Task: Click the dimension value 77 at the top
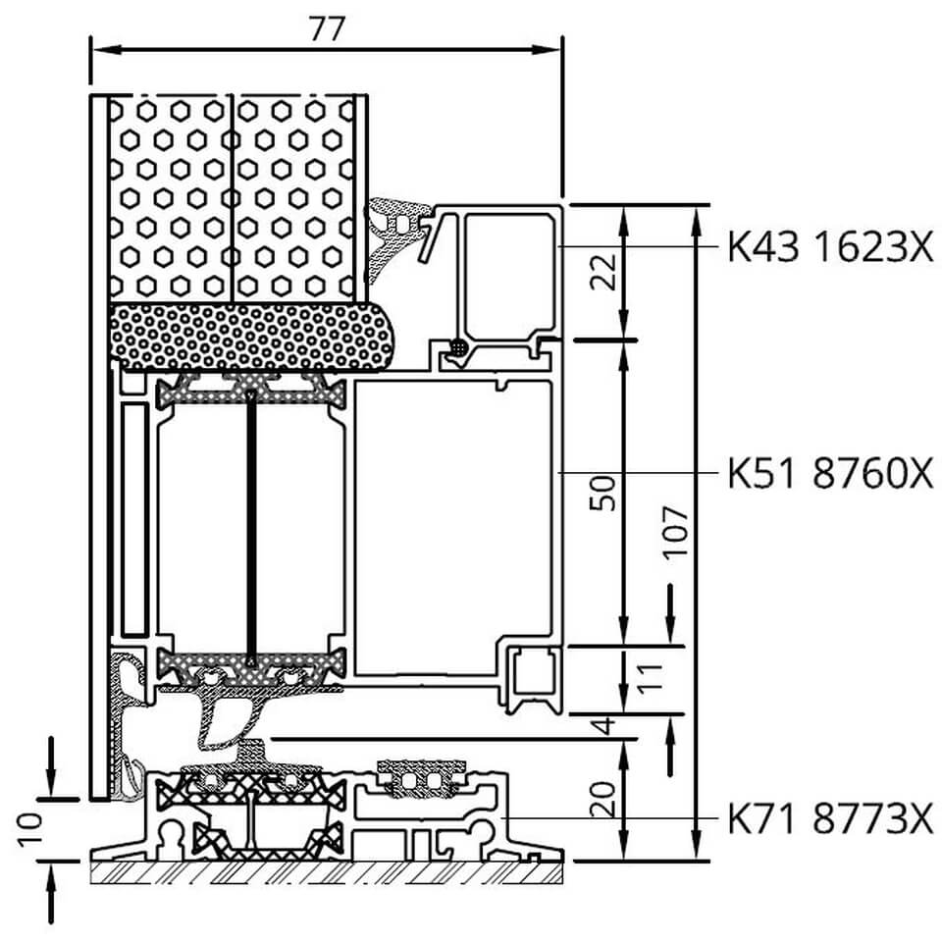tap(328, 27)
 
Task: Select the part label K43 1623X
tap(831, 247)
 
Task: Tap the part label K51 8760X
tap(831, 473)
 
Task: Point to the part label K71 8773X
tap(831, 818)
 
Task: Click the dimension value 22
tap(603, 272)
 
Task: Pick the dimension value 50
tap(603, 493)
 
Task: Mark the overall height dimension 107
tap(675, 532)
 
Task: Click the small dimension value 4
tap(605, 725)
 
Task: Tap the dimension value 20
tap(603, 799)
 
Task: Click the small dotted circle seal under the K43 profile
tap(459, 347)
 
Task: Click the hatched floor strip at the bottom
tap(327, 873)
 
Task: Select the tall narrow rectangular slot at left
tap(134, 520)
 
